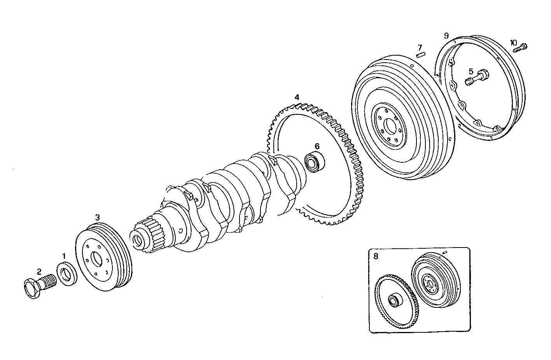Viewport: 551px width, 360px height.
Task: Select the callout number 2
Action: point(39,271)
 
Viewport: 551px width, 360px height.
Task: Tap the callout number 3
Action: point(98,217)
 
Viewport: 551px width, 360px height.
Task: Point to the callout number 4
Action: point(297,97)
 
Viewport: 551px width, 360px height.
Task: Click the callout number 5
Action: point(471,71)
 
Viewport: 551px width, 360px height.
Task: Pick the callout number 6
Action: point(317,146)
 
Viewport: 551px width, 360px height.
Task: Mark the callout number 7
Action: point(420,47)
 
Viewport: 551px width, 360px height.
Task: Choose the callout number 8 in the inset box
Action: point(376,256)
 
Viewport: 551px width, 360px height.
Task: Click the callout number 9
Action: point(446,35)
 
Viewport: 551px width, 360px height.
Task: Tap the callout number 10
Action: point(514,42)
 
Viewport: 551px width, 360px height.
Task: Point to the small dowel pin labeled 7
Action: point(420,55)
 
